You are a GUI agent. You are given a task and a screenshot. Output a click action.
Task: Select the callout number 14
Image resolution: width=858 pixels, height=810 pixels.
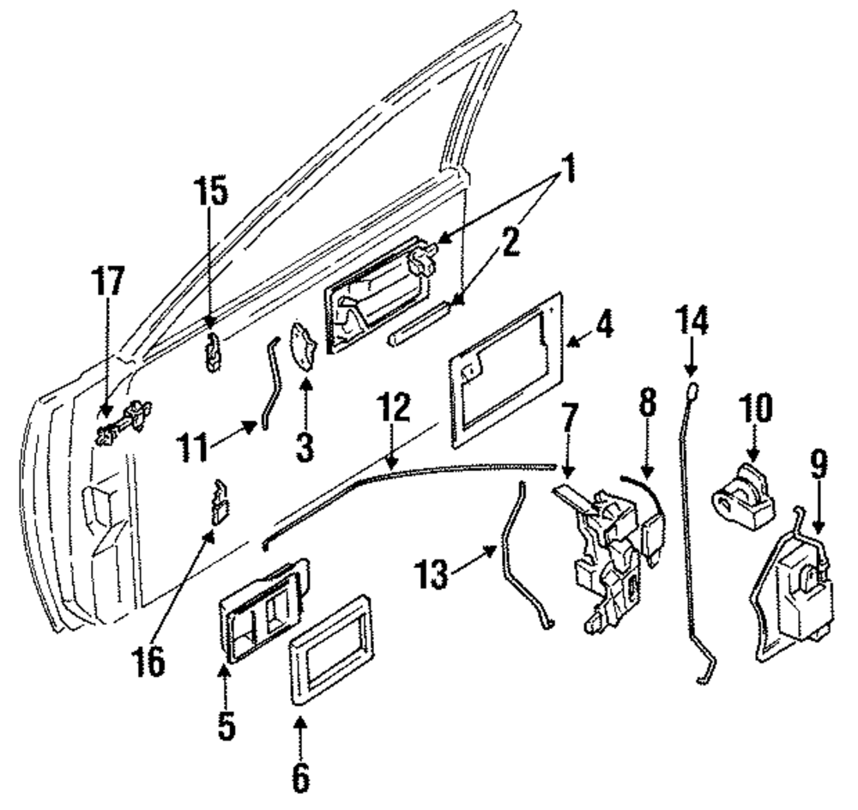point(692,321)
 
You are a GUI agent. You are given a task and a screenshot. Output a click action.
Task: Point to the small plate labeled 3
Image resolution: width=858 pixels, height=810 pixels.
point(305,347)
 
